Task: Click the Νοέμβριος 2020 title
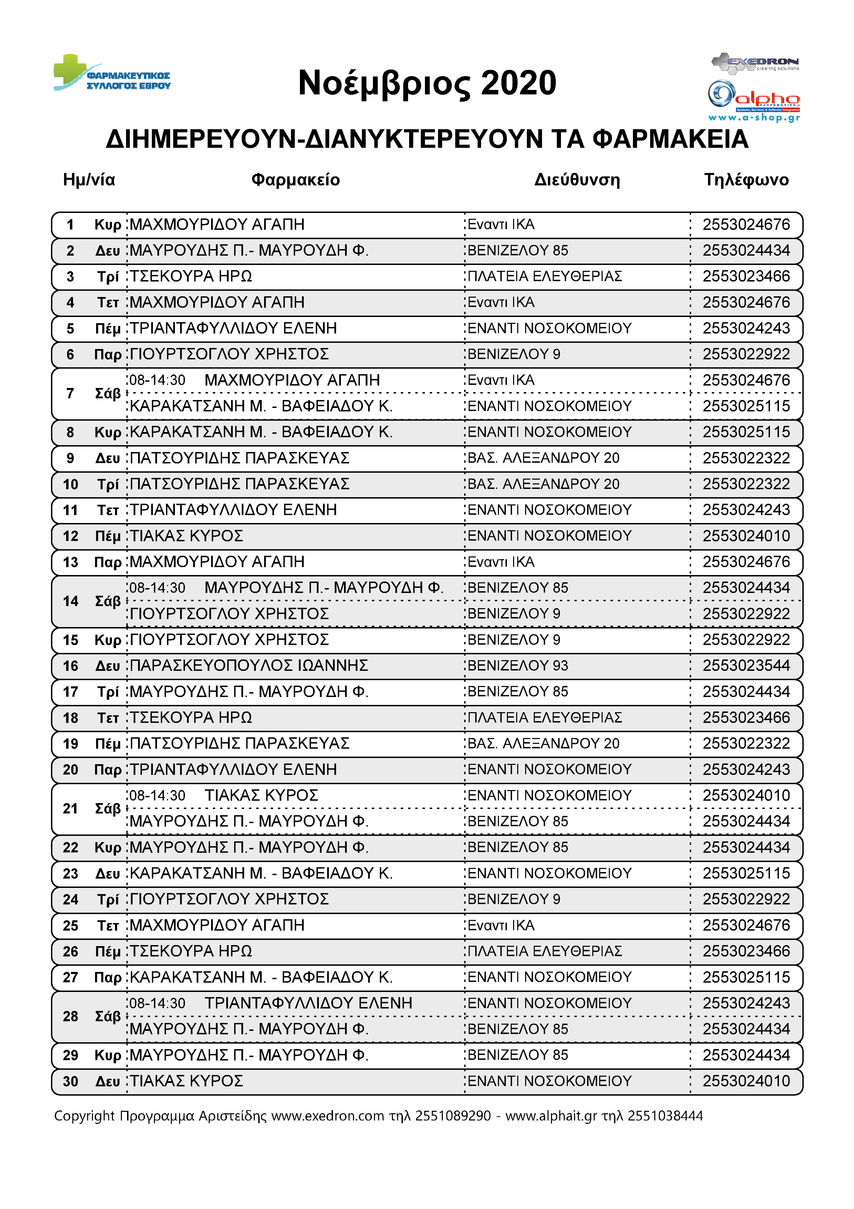pyautogui.click(x=427, y=83)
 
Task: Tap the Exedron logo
pyautogui.click(x=755, y=62)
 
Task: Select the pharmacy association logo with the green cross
pyautogui.click(x=112, y=73)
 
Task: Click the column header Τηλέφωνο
pyautogui.click(x=746, y=180)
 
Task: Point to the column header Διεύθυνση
pyautogui.click(x=577, y=180)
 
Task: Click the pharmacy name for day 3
pyautogui.click(x=191, y=276)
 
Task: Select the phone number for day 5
pyautogui.click(x=746, y=329)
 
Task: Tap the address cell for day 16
pyautogui.click(x=518, y=666)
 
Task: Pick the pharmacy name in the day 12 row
pyautogui.click(x=187, y=536)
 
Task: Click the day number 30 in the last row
pyautogui.click(x=71, y=1081)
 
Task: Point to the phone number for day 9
pyautogui.click(x=746, y=458)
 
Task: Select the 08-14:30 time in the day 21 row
pyautogui.click(x=157, y=795)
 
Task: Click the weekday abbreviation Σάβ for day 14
pyautogui.click(x=108, y=601)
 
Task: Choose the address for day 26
pyautogui.click(x=545, y=951)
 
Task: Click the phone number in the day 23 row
pyautogui.click(x=746, y=873)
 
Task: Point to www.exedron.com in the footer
pyautogui.click(x=328, y=1115)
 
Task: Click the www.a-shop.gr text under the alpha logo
pyautogui.click(x=754, y=117)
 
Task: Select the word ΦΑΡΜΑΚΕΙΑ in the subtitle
pyautogui.click(x=670, y=139)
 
